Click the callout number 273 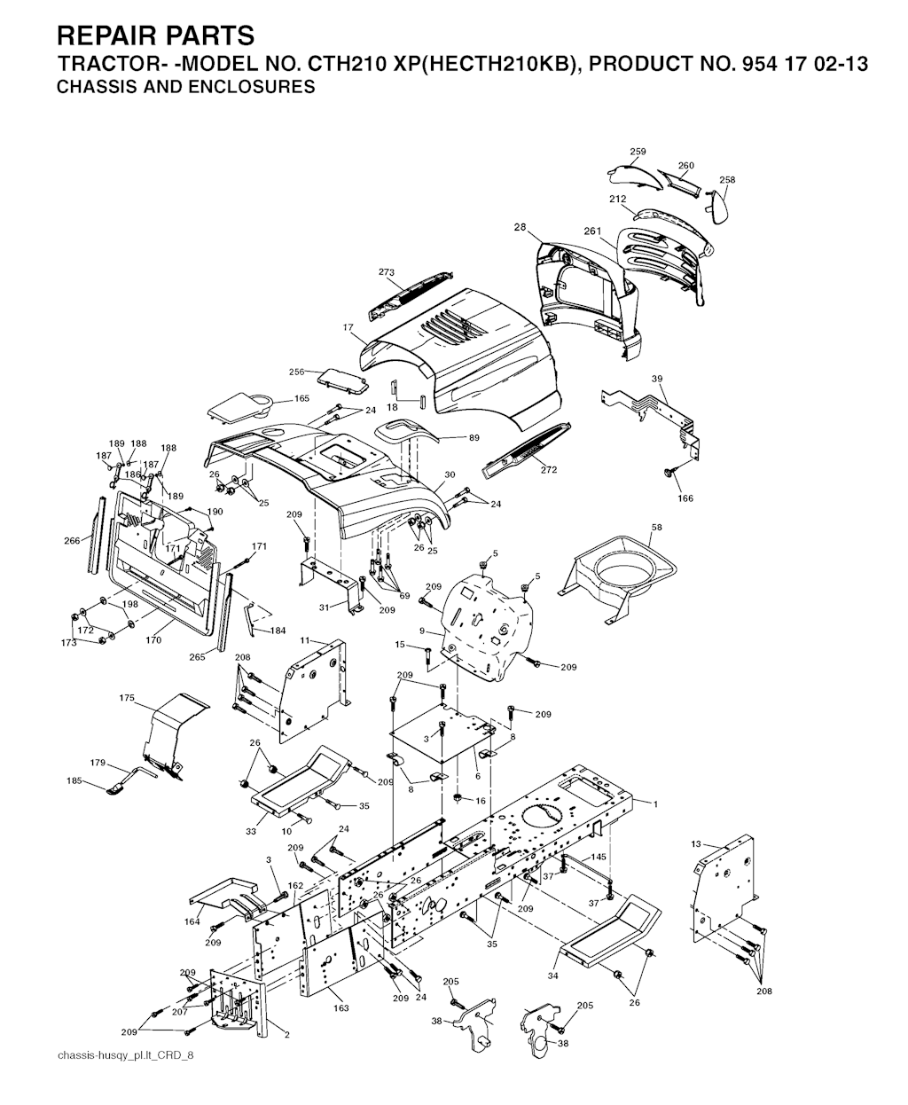(x=386, y=272)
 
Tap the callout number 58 (x=656, y=527)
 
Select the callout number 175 (x=127, y=698)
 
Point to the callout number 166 (x=685, y=498)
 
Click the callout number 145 (x=599, y=858)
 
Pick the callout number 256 (x=296, y=372)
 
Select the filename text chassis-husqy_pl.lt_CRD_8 (x=125, y=1055)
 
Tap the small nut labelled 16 (x=458, y=797)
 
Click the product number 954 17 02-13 (x=798, y=64)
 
